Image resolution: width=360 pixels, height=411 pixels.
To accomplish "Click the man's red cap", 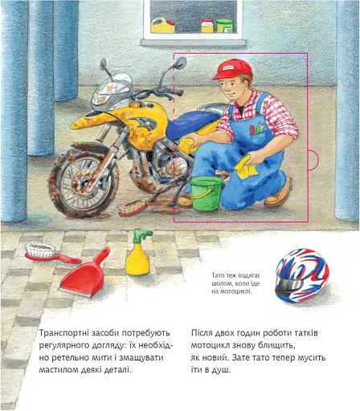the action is point(232,69).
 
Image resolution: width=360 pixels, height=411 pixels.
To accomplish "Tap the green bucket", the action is point(207,193).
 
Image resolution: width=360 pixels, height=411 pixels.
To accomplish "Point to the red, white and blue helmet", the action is point(302,275).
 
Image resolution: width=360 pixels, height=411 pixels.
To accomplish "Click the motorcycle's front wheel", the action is point(84,182).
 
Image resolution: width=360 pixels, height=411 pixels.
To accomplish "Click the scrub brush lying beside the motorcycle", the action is point(133,208).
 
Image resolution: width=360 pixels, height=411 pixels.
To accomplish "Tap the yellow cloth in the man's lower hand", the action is point(246,167).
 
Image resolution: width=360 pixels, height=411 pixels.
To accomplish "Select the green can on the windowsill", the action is point(224,26).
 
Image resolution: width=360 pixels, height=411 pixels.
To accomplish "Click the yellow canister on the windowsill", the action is point(162,26).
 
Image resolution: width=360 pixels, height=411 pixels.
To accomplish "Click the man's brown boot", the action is point(279,193).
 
